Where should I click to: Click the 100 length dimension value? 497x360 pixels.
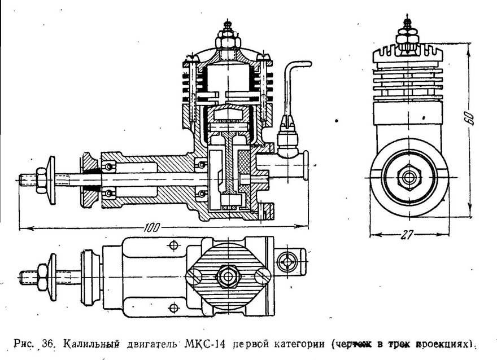click(151, 227)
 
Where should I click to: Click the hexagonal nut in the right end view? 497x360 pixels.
click(407, 176)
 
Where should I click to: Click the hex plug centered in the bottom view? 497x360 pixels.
click(228, 276)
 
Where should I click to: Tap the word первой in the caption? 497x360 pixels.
click(248, 343)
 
